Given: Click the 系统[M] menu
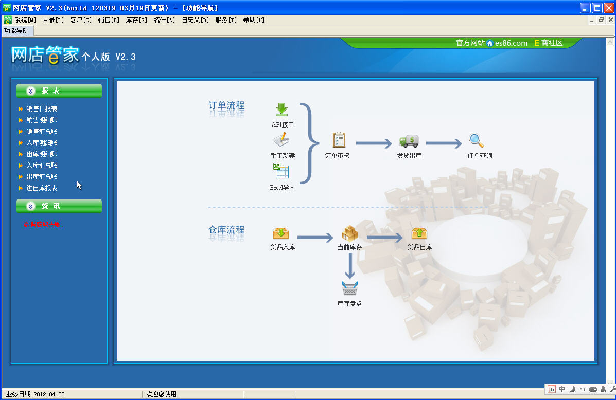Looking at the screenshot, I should (25, 20).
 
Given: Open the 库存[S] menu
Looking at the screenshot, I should (136, 20).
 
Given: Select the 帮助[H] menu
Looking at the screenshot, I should (253, 20).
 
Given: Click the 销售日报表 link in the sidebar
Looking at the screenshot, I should (42, 109).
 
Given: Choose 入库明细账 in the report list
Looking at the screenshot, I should (42, 143).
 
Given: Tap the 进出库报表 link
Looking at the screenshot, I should (42, 188).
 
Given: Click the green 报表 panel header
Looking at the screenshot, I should (59, 91).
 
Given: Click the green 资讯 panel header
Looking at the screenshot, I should (59, 206).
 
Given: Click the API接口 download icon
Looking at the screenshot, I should (281, 110).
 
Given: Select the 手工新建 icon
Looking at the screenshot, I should (281, 140).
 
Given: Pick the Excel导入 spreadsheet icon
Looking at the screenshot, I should (281, 171).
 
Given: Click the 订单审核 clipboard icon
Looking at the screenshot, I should (339, 140).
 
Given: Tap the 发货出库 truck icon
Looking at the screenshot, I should (409, 141).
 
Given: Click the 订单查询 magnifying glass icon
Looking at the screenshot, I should (476, 140).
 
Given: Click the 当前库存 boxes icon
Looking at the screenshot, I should (349, 233).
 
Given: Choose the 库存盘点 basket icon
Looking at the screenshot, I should (349, 288).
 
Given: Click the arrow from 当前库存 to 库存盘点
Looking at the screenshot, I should (350, 266).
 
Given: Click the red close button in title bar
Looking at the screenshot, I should (608, 8).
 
